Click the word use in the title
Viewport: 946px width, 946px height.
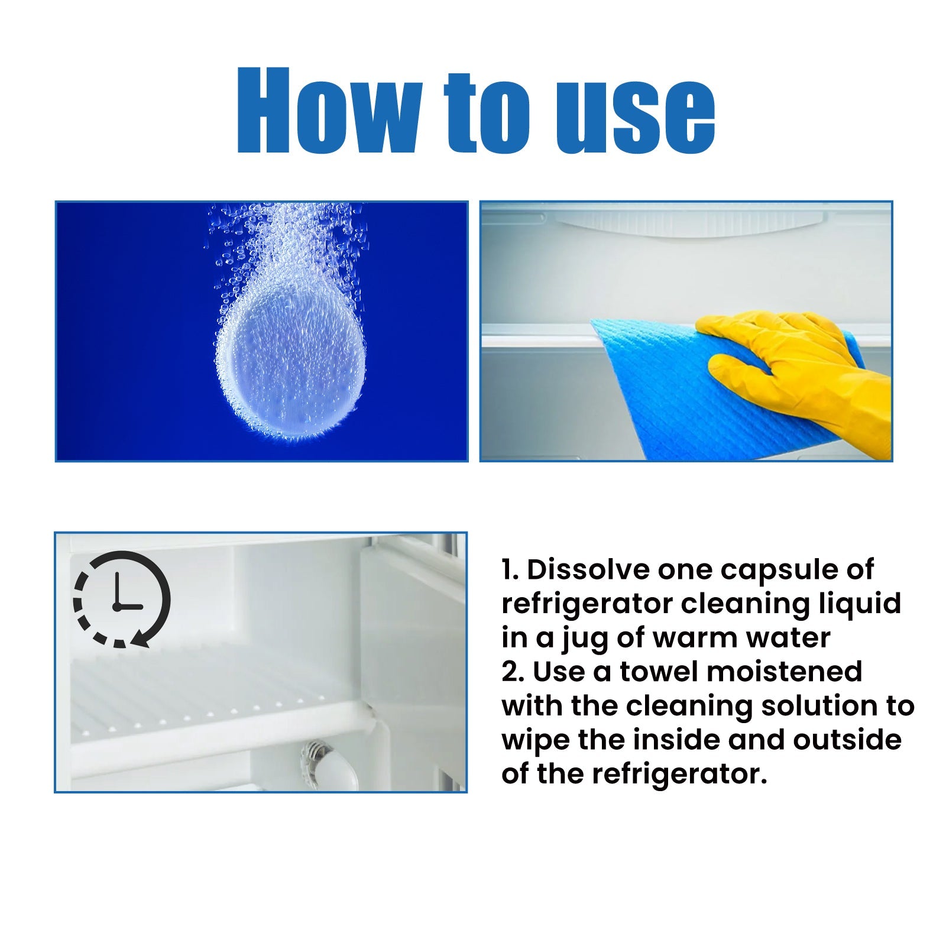tap(635, 117)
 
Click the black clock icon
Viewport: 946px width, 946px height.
tap(121, 599)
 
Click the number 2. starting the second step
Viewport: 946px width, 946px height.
tap(513, 672)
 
